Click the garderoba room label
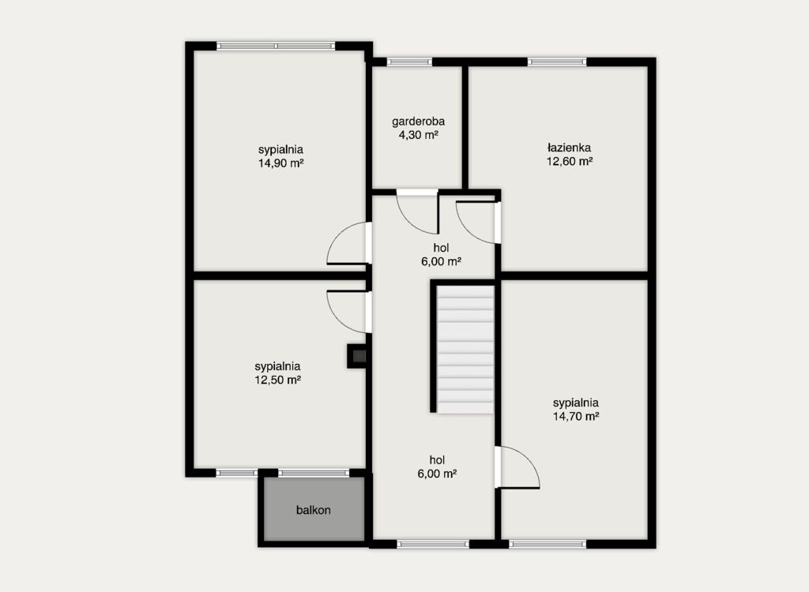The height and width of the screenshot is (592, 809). [418, 122]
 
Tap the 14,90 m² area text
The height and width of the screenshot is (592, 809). [280, 163]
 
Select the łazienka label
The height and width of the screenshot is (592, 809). [569, 148]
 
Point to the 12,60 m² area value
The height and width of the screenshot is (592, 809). [569, 161]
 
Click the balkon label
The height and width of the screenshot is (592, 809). [313, 510]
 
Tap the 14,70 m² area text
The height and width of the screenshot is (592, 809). [576, 416]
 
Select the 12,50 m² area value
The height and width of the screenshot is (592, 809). [277, 380]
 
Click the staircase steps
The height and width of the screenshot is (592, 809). [465, 349]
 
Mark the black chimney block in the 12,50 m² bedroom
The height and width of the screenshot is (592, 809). [356, 356]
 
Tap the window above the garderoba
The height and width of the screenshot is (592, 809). [410, 62]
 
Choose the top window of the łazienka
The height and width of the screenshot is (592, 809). [557, 62]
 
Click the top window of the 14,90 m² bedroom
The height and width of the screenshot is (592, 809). [276, 46]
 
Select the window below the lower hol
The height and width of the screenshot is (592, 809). [434, 544]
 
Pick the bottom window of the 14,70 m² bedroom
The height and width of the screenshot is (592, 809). [548, 544]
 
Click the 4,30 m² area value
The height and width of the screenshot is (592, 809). [418, 135]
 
